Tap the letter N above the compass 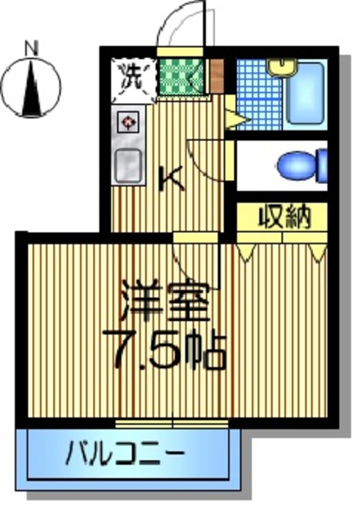(x=32, y=48)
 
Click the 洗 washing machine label (x=131, y=77)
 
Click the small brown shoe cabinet (x=216, y=74)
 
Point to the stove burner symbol (x=129, y=124)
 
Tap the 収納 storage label (x=283, y=217)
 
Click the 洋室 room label (x=165, y=300)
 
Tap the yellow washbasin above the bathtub (x=284, y=68)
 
